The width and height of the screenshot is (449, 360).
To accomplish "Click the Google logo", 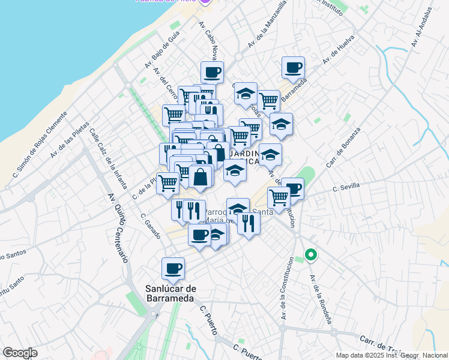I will [20, 353].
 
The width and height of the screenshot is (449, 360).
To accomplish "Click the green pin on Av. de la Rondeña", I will [310, 255].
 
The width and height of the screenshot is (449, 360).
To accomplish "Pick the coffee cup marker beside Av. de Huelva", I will [293, 68].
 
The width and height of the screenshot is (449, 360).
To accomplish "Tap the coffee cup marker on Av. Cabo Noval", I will [212, 73].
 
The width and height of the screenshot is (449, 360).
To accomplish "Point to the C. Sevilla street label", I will [346, 187].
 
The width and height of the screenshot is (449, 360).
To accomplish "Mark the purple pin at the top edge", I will [205, 2].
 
